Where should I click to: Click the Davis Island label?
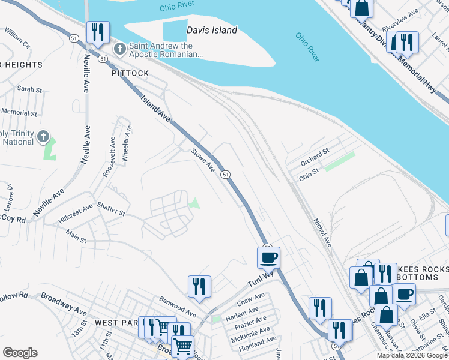212,29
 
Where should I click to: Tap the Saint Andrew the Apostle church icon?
119,47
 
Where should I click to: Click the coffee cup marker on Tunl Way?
268,258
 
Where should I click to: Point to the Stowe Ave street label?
203,160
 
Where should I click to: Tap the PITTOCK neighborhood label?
130,73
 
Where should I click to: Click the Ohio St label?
308,172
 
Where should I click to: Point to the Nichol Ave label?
322,232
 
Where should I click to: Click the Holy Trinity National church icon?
43,137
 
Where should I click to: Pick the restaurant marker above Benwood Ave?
199,286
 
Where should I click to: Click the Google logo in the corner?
20,352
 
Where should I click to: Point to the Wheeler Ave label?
127,143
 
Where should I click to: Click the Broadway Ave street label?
64,303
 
